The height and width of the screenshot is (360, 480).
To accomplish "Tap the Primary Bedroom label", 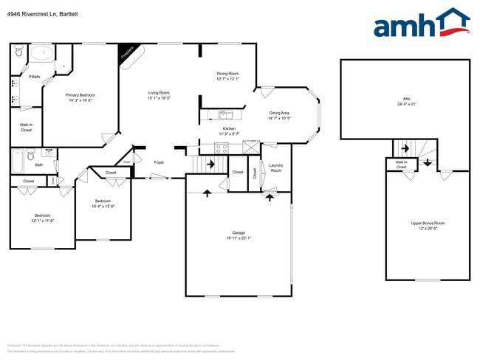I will [80, 95].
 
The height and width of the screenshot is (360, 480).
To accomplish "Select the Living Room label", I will [159, 93].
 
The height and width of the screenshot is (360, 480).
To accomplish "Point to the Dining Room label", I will [227, 74].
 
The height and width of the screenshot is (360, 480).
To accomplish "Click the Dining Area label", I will [279, 113].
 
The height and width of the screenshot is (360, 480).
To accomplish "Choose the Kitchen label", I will [229, 128].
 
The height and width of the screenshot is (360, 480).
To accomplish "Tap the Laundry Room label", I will [276, 167].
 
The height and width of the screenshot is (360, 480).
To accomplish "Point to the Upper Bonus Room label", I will [428, 223].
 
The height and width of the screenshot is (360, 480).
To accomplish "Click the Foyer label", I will [159, 162].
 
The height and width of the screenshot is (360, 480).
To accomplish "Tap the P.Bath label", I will [34, 77].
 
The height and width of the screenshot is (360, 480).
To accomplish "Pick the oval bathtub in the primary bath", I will [41, 52].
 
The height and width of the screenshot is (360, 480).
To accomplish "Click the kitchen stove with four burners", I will [221, 148].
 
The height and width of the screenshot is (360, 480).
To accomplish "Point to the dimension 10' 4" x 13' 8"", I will [103, 207].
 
